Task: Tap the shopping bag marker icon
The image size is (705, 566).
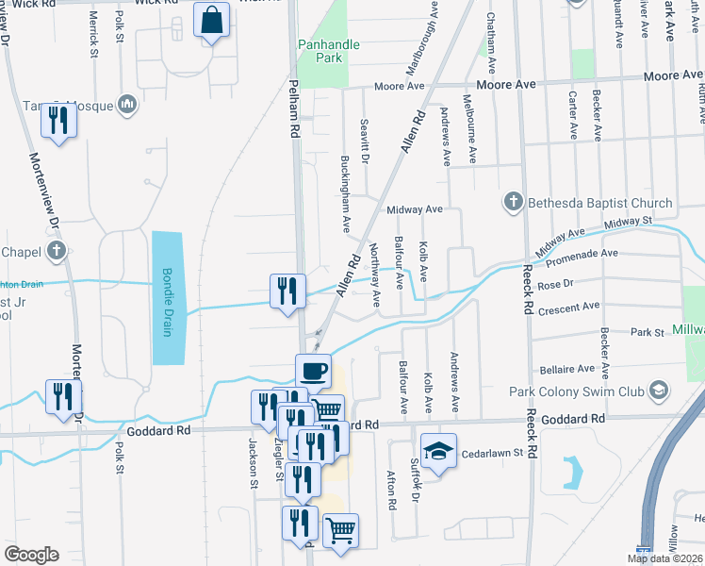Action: tap(212, 20)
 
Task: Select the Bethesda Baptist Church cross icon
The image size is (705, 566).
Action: tap(513, 202)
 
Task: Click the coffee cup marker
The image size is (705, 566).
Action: tap(313, 370)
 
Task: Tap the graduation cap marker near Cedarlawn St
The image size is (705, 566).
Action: tap(438, 450)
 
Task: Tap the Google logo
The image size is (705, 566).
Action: tap(31, 555)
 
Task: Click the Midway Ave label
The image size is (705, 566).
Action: tap(414, 209)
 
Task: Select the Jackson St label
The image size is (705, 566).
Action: tap(253, 463)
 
